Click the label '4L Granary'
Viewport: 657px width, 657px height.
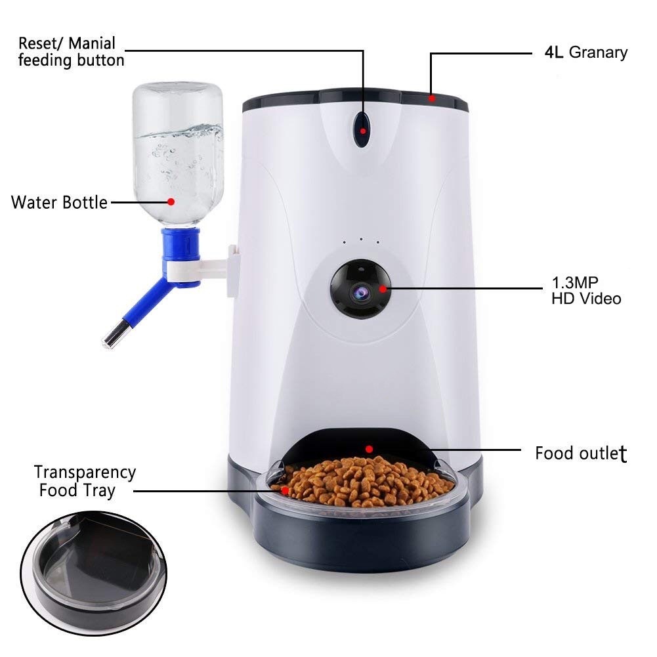[x=585, y=53]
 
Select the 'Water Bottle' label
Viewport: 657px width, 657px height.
[x=59, y=202]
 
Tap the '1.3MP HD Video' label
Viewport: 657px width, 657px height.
[x=585, y=290]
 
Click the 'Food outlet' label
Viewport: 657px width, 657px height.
[x=581, y=454]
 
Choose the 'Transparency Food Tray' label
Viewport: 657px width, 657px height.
[x=85, y=482]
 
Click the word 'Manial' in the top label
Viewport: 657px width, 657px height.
[x=92, y=43]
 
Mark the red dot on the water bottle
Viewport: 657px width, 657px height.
[x=171, y=202]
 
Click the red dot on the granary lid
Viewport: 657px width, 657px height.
[x=432, y=99]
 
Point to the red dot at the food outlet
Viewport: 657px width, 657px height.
[x=369, y=449]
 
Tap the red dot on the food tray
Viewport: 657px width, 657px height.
[x=285, y=490]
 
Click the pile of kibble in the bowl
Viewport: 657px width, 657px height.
[x=364, y=481]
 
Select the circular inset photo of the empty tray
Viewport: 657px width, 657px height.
[x=94, y=573]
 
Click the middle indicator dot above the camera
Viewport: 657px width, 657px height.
[x=361, y=240]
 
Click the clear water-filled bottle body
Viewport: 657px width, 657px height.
[x=178, y=154]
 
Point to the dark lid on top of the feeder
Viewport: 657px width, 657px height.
[x=355, y=100]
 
